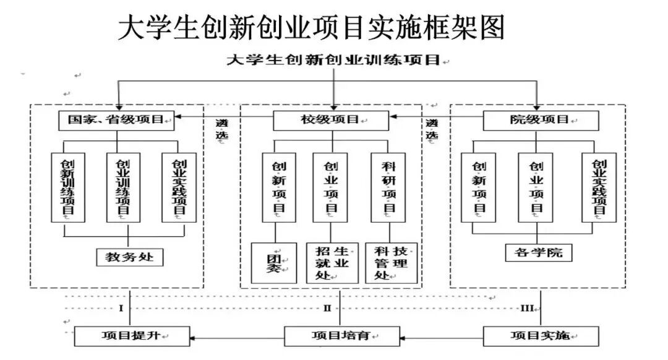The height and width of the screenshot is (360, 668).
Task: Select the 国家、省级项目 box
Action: pos(116,120)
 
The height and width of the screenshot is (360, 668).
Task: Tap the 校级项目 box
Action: pos(331,120)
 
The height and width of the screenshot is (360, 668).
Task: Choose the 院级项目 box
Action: pos(541,120)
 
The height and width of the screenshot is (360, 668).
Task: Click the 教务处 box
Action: pos(130,256)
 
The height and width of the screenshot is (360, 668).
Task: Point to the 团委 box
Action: pos(274,263)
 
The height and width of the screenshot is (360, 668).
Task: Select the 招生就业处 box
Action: pos(332,263)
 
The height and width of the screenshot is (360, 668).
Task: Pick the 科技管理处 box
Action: pos(391,263)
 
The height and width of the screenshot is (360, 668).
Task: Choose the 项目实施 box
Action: pos(541,336)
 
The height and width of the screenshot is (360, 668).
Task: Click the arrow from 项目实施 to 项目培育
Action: pos(442,337)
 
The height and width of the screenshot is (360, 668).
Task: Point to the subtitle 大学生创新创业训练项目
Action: pos(333,60)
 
